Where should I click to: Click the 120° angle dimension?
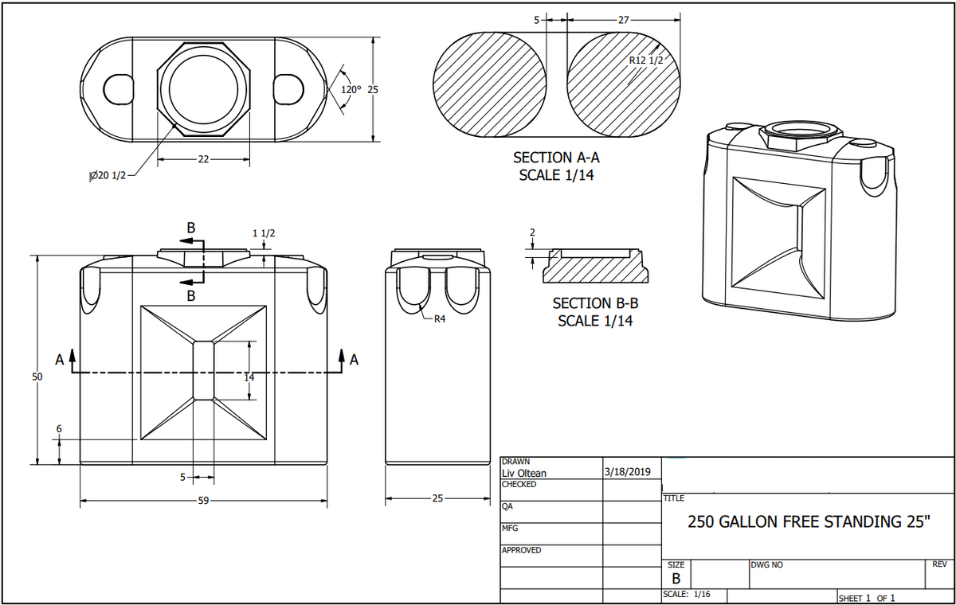coord(351,89)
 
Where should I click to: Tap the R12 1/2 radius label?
coord(645,60)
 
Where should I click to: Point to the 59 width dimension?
coord(205,501)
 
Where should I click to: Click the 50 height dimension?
coord(37,377)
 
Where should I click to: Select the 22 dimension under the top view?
coord(203,159)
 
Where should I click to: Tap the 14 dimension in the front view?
coord(249,377)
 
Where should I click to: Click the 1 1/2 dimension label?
coord(264,233)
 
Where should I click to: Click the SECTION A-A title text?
coord(556,158)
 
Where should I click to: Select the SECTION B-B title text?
coord(596,303)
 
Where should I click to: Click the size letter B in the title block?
coord(676,578)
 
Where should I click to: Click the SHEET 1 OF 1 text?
coord(868,598)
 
